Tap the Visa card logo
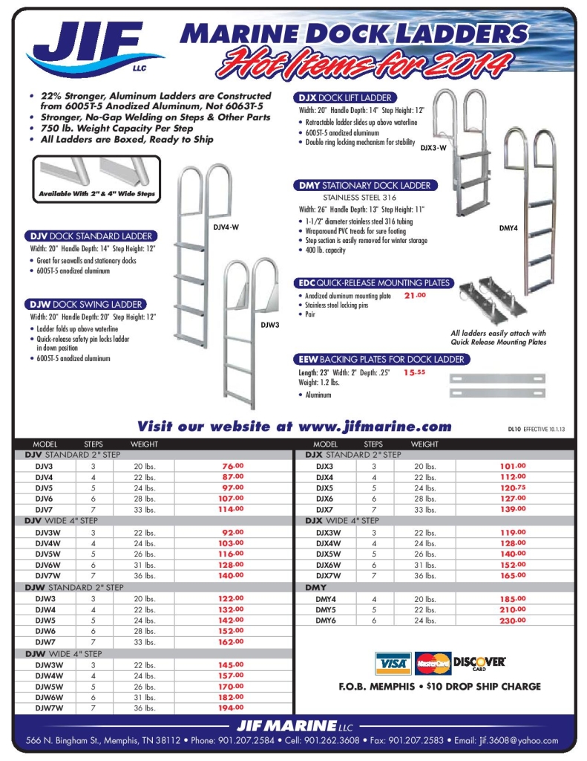tap(393, 662)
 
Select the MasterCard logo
tap(433, 662)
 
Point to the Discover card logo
tap(479, 661)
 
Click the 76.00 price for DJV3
tap(232, 466)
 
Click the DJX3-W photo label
tap(433, 148)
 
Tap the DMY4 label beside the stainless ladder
tap(509, 228)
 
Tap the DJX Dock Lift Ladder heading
tap(345, 97)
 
